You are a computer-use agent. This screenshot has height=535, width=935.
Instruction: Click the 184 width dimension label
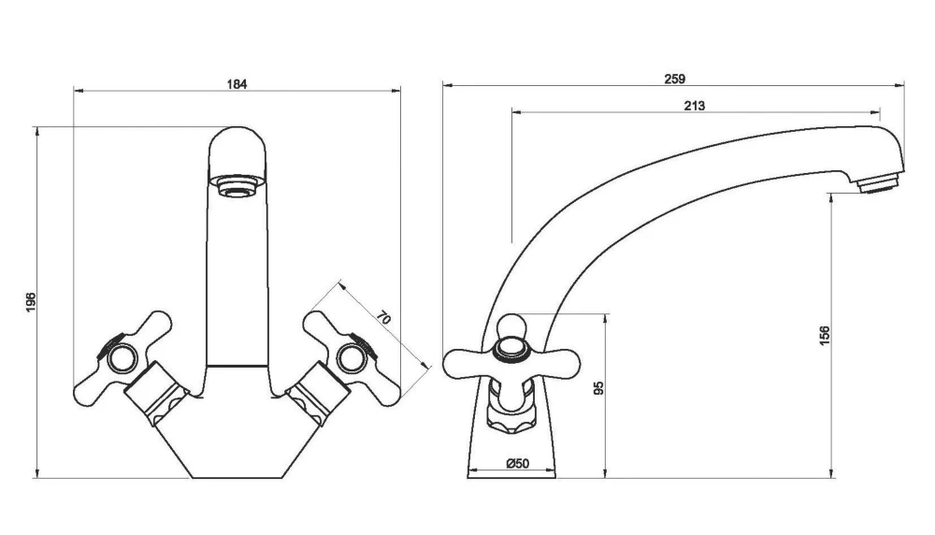(x=237, y=84)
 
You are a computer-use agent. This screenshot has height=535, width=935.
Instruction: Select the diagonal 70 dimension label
(x=382, y=317)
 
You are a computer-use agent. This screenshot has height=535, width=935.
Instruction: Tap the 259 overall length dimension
(x=674, y=80)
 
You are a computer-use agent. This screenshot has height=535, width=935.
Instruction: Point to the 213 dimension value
(x=694, y=106)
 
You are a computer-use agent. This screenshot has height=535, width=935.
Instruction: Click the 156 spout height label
(x=824, y=336)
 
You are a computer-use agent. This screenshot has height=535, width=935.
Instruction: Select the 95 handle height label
(x=599, y=386)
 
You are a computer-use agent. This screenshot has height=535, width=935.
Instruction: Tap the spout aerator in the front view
(x=237, y=186)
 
